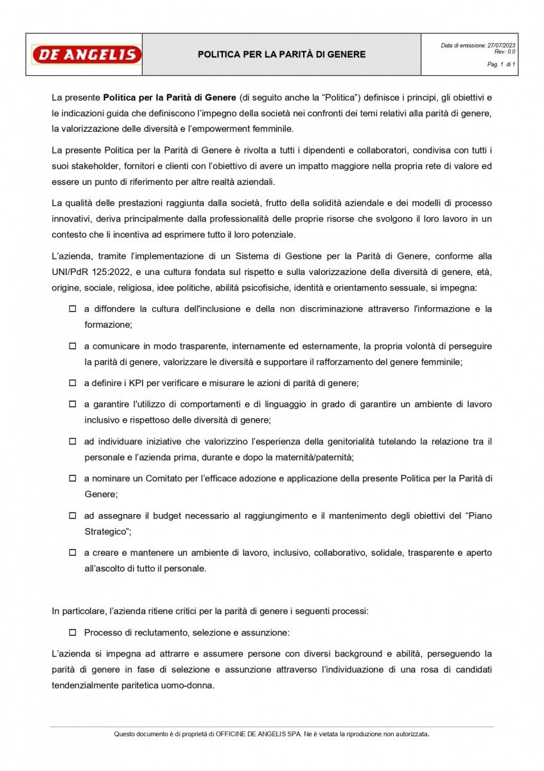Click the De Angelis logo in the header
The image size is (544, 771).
[x=86, y=55]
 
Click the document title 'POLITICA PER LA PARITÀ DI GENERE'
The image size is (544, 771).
[x=281, y=55]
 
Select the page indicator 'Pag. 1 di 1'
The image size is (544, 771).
[x=501, y=65]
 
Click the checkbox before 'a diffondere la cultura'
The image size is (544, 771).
[x=73, y=309]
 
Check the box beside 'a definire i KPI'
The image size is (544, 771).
[x=73, y=383]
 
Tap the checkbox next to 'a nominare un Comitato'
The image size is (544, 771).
[x=73, y=479]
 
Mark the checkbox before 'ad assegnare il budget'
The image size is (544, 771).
[x=73, y=516]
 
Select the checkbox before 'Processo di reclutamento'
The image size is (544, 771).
[x=73, y=633]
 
